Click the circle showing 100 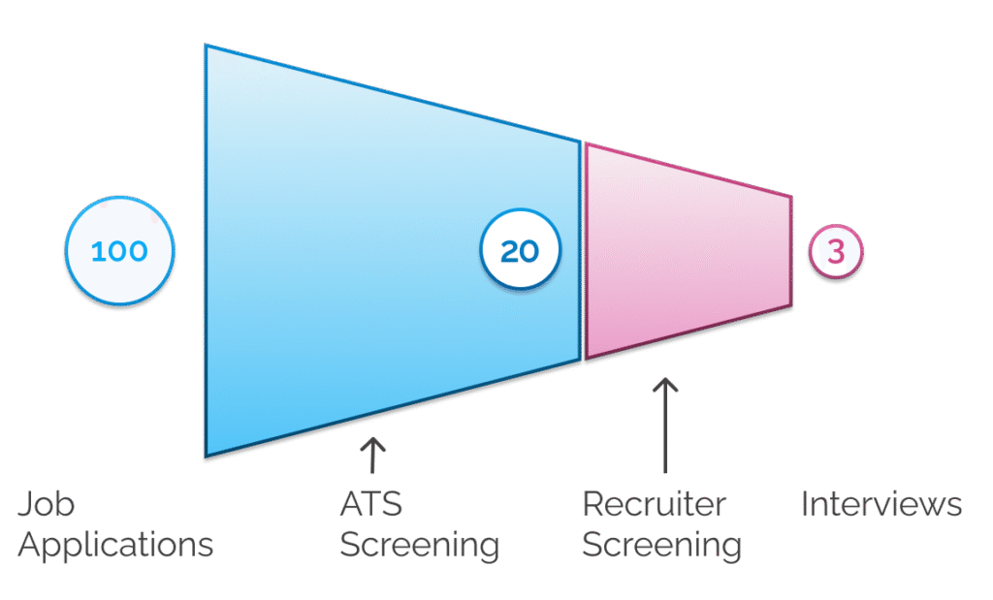click(119, 251)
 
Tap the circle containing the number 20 click(520, 251)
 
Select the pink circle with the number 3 click(836, 251)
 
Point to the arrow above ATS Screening click(372, 457)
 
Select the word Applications click(115, 544)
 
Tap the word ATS click(370, 505)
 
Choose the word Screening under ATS click(419, 544)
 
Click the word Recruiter click(654, 505)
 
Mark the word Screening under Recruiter click(661, 544)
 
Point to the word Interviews click(881, 505)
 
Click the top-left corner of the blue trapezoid click(206, 46)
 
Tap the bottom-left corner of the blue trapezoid click(206, 456)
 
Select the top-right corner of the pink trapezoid click(790, 197)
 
